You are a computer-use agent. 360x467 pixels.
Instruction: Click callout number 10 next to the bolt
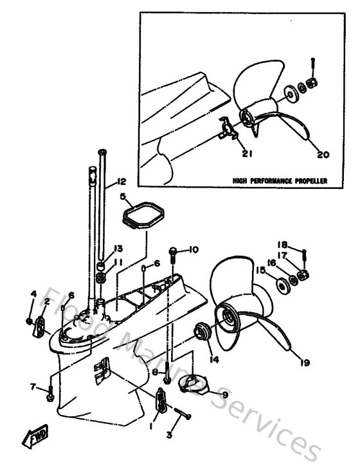point(194,249)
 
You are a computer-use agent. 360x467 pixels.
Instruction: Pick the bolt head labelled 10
point(174,251)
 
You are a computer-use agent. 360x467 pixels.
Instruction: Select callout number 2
point(47,301)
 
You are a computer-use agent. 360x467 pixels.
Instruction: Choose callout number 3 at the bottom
point(170,436)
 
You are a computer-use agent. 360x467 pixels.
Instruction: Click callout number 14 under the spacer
point(213,360)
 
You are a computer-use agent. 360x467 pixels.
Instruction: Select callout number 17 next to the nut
point(282,254)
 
